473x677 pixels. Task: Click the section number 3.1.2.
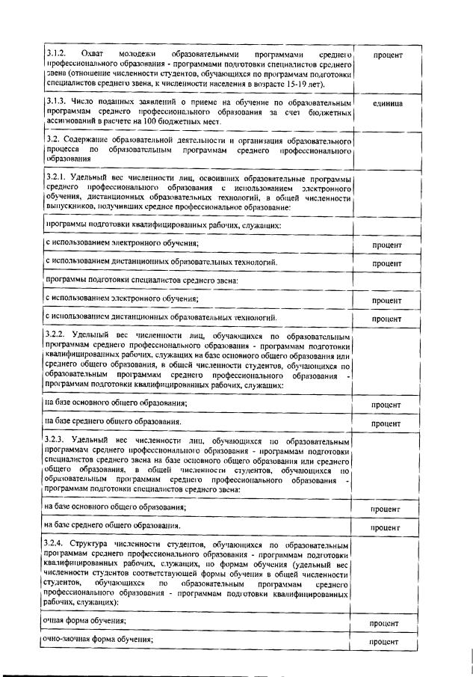[x=56, y=55]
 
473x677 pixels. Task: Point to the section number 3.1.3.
[x=56, y=101]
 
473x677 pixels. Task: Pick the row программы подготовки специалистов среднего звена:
[x=142, y=281]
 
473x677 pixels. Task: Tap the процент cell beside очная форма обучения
[x=386, y=622]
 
